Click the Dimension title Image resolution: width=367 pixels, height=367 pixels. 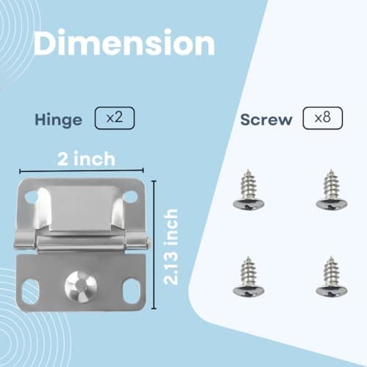(125, 43)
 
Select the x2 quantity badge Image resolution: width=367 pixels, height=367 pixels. (114, 117)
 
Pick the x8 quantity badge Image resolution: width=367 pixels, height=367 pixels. (322, 117)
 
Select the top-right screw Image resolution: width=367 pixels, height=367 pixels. (331, 193)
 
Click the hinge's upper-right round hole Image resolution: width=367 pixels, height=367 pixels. (130, 197)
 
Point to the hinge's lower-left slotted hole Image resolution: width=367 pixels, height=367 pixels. (30, 291)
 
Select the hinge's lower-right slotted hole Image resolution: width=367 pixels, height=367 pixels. (131, 291)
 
